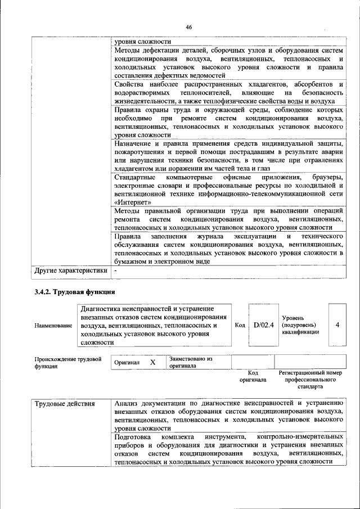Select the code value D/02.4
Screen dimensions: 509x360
(x=263, y=325)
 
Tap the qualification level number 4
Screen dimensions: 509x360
(x=337, y=325)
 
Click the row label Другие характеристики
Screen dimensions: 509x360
(x=70, y=271)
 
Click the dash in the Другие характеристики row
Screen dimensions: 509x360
(x=115, y=271)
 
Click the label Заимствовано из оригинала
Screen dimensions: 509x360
(x=191, y=362)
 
